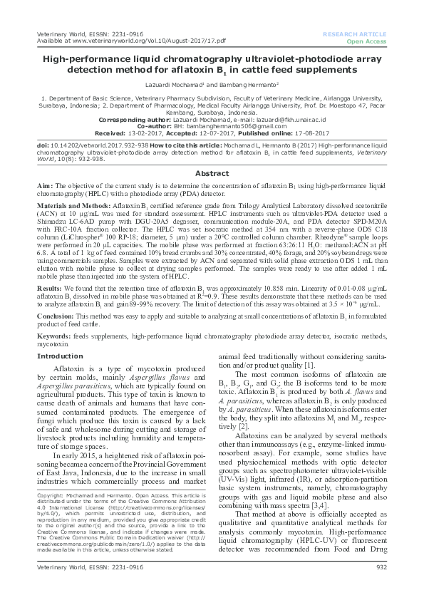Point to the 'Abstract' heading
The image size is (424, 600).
(212, 153)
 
